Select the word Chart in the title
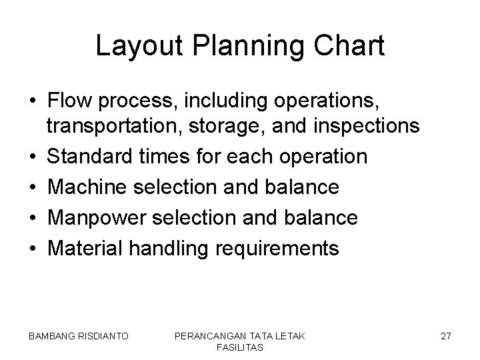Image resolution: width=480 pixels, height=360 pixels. coord(351,47)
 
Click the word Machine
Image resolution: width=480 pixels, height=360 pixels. coord(88,187)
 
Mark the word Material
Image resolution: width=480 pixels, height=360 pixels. coord(85,248)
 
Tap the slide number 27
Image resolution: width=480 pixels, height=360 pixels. coord(445,337)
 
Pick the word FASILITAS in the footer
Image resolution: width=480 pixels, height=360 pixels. coord(239,347)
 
